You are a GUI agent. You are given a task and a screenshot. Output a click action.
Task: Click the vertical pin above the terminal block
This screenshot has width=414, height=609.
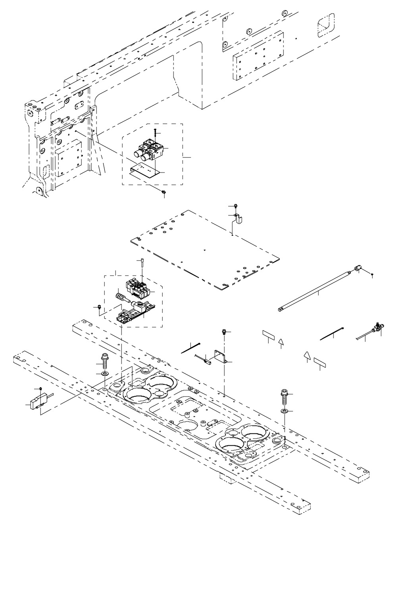142,263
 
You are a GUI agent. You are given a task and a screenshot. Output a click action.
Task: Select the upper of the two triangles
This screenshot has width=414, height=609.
281,341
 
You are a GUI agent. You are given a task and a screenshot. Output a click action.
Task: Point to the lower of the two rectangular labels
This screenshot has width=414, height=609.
320,362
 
